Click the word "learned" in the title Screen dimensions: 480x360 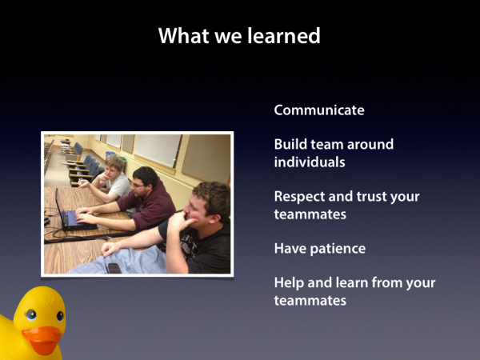point(283,35)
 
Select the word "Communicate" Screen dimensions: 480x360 point(319,110)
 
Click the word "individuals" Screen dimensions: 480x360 point(310,162)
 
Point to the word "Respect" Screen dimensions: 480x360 point(298,197)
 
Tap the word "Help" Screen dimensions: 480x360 point(288,283)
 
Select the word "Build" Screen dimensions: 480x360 point(290,144)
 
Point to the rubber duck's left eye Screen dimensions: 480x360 point(31,315)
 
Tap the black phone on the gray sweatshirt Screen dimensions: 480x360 point(114,268)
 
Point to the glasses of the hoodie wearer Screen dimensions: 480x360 point(137,186)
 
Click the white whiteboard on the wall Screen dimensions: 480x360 point(158,150)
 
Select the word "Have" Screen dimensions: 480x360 point(290,248)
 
